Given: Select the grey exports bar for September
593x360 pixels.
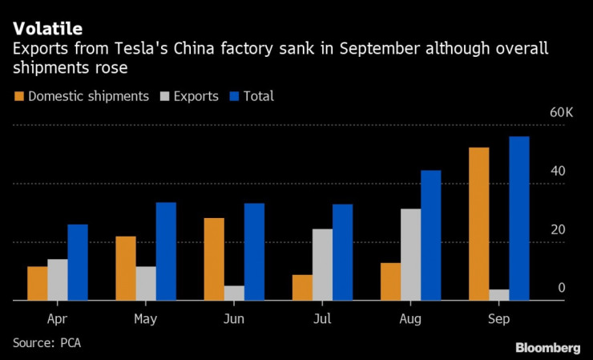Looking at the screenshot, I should point(498,294).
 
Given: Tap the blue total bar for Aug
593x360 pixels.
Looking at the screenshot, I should point(430,235).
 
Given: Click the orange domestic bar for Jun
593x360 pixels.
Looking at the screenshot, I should point(214,259).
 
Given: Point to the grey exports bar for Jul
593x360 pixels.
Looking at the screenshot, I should point(322,265).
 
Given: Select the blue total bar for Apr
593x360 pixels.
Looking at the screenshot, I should point(78,262).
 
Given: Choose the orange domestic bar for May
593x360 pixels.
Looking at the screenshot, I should point(126,268).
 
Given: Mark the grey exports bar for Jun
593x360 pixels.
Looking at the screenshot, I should point(234,293).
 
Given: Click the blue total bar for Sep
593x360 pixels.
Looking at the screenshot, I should point(518,218).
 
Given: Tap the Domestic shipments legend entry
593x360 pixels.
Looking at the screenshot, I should point(81,96).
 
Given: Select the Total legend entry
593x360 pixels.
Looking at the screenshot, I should point(251,96).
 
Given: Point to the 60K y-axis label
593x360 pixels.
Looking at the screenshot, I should point(560,113).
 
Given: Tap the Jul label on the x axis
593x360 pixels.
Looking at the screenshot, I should point(321,319).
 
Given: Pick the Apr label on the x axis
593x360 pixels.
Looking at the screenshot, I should point(57,319).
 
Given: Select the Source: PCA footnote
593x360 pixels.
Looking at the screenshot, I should point(46,342).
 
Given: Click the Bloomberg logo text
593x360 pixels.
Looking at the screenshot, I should point(547,348).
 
